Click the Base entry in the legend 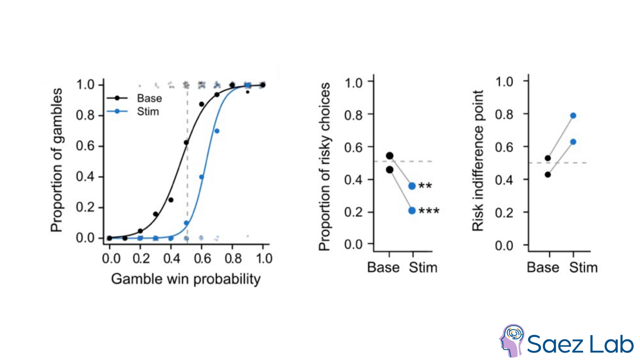[149, 98]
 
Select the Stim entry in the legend [148, 112]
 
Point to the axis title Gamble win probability [186, 279]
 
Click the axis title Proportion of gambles [56, 160]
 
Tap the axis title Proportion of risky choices [324, 166]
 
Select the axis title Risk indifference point [478, 160]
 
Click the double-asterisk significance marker [425, 186]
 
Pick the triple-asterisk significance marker [429, 211]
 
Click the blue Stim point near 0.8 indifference [573, 116]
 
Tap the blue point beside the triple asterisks [412, 210]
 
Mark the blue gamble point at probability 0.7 [217, 131]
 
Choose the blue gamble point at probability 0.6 [202, 177]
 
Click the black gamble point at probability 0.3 [156, 214]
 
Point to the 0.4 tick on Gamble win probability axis [171, 258]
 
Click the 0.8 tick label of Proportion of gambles [85, 115]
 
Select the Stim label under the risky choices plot [423, 267]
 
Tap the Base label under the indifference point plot [543, 267]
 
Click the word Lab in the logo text [612, 344]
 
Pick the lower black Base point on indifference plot [548, 174]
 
